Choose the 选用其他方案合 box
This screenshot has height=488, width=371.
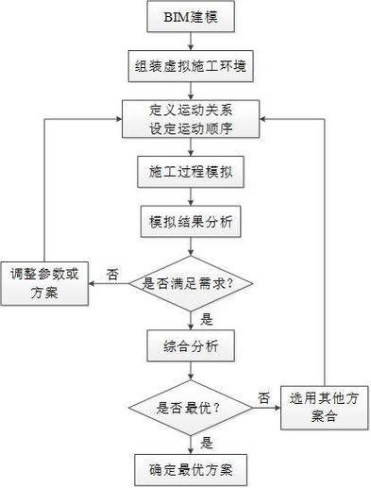323,407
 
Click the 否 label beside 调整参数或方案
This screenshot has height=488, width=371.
112,273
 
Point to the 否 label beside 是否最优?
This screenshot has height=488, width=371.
264,396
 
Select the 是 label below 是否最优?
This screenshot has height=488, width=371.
207,441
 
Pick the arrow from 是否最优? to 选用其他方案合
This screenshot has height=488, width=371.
266,407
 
